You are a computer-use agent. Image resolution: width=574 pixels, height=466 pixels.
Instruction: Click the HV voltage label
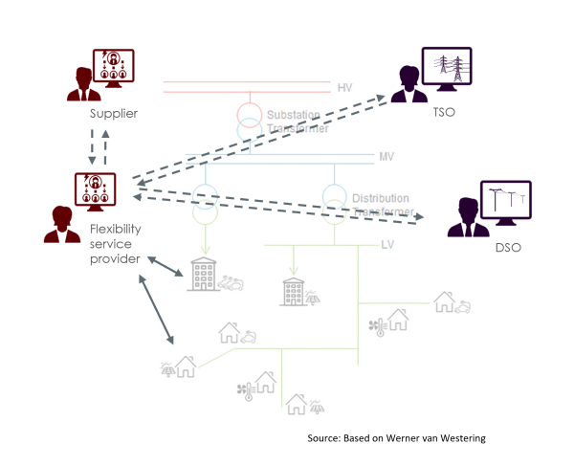(x=345, y=88)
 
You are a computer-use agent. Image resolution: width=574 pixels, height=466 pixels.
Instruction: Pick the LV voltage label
(x=387, y=245)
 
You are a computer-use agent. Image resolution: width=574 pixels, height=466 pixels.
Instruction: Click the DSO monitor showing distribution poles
(x=507, y=203)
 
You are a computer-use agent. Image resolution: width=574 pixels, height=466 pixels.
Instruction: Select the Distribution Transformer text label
(x=382, y=205)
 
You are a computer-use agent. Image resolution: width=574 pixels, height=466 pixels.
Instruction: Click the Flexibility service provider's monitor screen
(x=96, y=189)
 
